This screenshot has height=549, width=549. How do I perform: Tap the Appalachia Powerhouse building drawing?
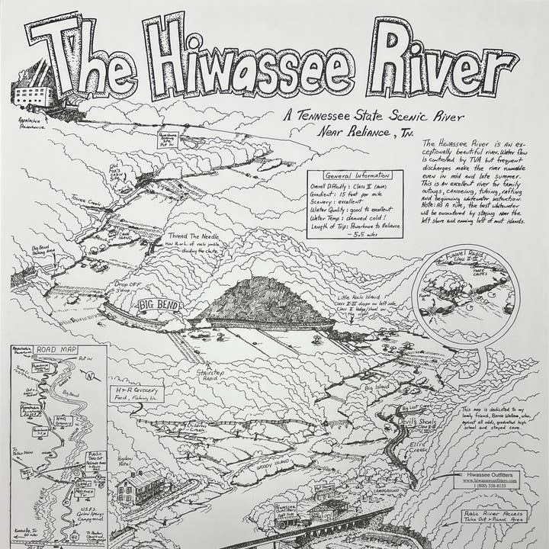tap(34, 96)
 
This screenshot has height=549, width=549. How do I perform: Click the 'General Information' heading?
tap(355, 175)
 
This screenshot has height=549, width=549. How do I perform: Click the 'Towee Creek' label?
tap(85, 202)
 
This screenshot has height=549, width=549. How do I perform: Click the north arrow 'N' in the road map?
tap(92, 376)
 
